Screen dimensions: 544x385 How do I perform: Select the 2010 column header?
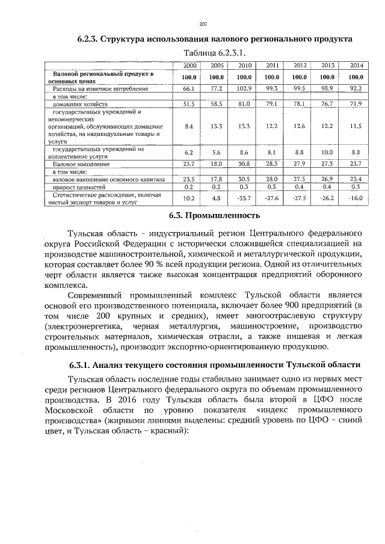point(244,65)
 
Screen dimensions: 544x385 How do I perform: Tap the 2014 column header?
point(356,65)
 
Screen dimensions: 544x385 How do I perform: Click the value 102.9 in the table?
point(244,88)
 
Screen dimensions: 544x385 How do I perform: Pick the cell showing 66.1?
point(189,88)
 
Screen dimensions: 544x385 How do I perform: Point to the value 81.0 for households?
point(244,104)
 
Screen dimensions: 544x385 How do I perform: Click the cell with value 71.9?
point(356,104)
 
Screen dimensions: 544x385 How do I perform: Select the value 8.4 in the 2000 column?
point(189,126)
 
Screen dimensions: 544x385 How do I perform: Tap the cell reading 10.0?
point(327,153)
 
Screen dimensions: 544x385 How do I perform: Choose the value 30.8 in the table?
point(244,164)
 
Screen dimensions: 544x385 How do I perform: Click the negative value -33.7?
point(244,197)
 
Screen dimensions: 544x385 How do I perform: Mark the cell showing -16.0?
point(356,197)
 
